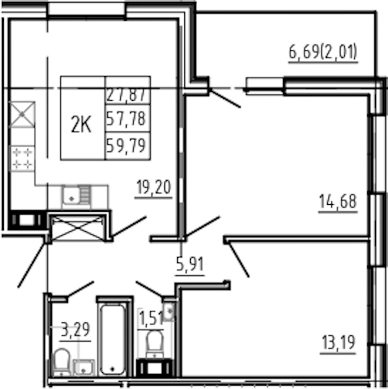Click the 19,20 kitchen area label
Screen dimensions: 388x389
point(154,187)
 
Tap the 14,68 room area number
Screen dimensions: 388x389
point(338,201)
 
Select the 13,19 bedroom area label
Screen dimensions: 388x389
point(339,342)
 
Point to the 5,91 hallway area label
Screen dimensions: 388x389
point(190,264)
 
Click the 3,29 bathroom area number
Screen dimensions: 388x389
point(75,330)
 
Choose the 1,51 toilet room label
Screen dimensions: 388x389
point(151,318)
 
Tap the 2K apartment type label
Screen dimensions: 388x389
point(81,125)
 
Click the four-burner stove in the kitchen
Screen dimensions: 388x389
point(22,158)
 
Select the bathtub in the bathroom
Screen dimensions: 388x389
point(113,340)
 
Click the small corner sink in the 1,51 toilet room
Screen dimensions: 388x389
point(169,311)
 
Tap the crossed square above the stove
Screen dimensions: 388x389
point(22,114)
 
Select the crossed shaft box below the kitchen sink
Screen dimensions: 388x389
point(78,228)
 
